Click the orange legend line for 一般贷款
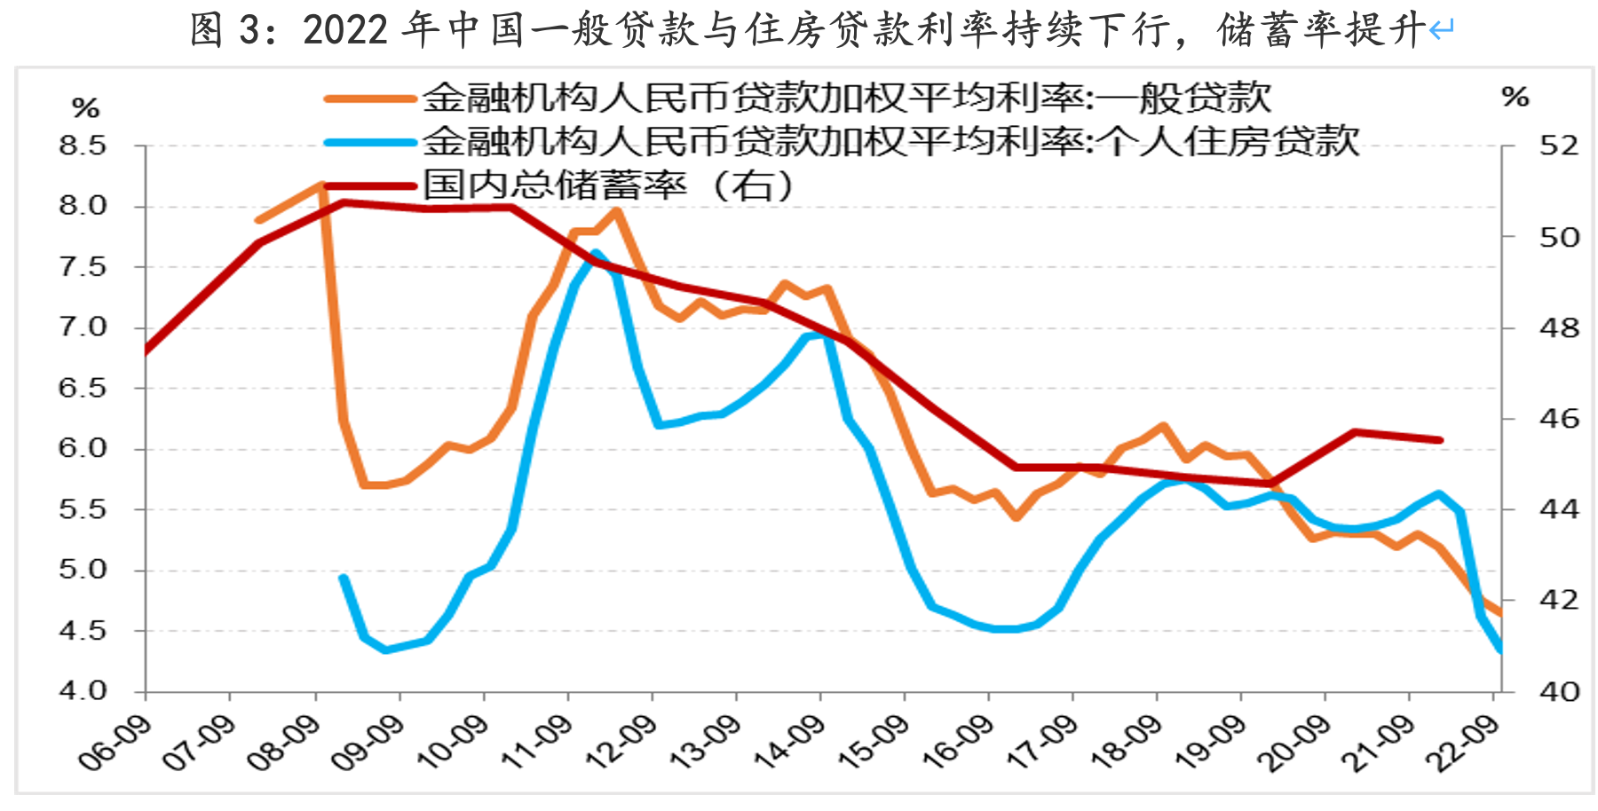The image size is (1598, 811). (371, 98)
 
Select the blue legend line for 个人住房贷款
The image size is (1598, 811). (371, 142)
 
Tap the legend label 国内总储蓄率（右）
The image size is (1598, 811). (607, 185)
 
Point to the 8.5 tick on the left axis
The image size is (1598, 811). (83, 146)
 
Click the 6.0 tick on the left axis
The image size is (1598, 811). (83, 448)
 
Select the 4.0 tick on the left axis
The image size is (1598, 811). (83, 690)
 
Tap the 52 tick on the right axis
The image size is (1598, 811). (1559, 146)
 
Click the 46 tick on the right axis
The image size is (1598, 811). (1559, 418)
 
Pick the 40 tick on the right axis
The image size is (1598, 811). (1559, 690)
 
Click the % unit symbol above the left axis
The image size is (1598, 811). (85, 109)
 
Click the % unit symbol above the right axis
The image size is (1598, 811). (1515, 97)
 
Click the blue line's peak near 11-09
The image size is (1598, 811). (595, 254)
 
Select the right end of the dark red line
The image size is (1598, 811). (1440, 440)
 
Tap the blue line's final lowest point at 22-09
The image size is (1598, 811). (1500, 650)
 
